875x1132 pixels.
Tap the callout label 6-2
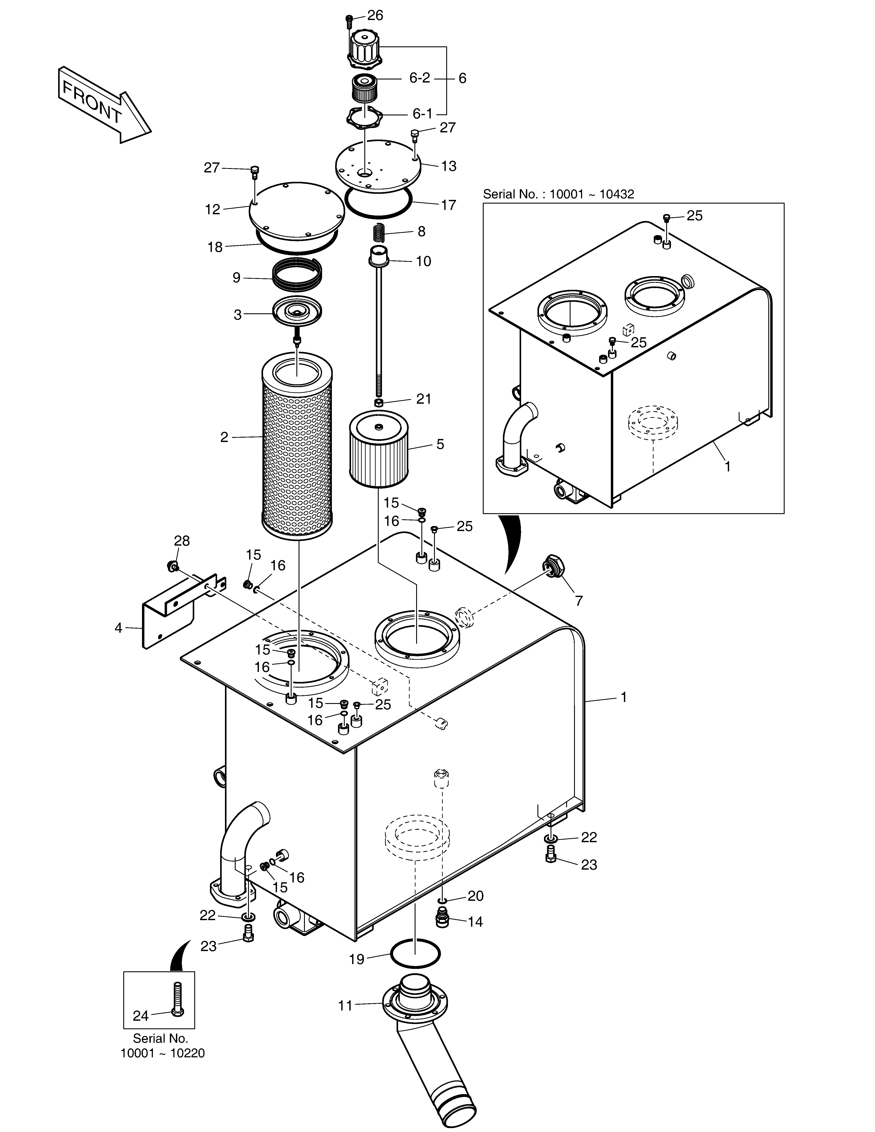[420, 78]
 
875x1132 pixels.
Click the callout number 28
[182, 541]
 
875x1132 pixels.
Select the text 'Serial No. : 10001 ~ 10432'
[558, 194]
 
